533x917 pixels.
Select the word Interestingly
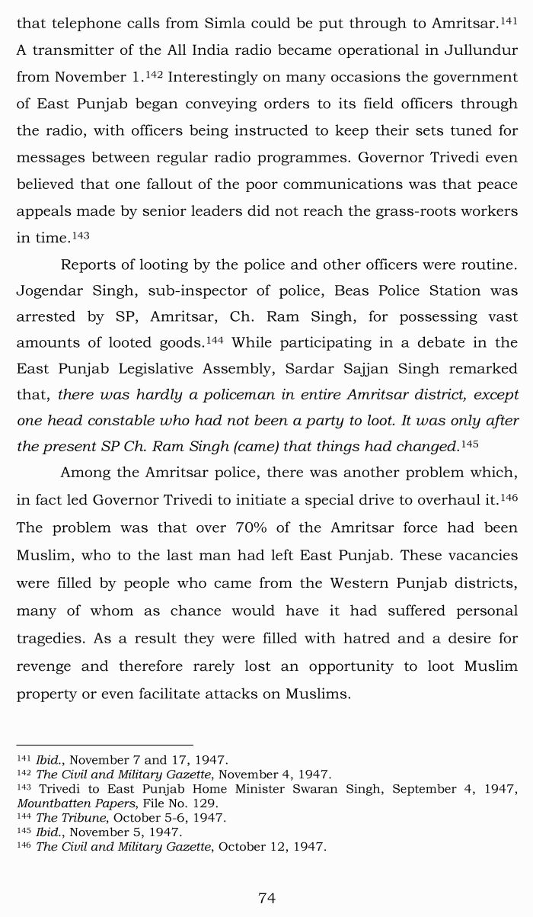coord(219,77)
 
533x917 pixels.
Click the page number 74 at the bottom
coord(266,898)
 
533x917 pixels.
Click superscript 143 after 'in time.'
coord(81,236)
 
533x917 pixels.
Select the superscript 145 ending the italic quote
coord(469,444)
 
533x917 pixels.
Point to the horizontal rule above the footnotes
coord(104,745)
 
